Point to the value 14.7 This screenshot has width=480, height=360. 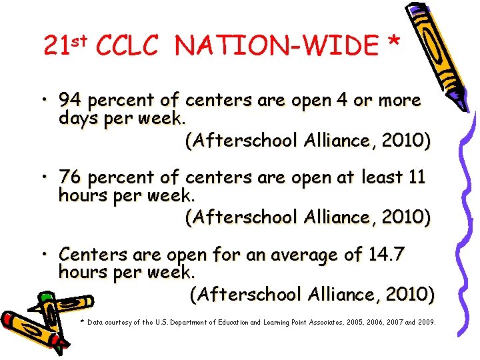coord(386,255)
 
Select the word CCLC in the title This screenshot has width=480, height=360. coord(127,45)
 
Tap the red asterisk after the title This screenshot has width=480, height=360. coord(393,44)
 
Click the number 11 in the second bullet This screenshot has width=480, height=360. coord(417,178)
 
